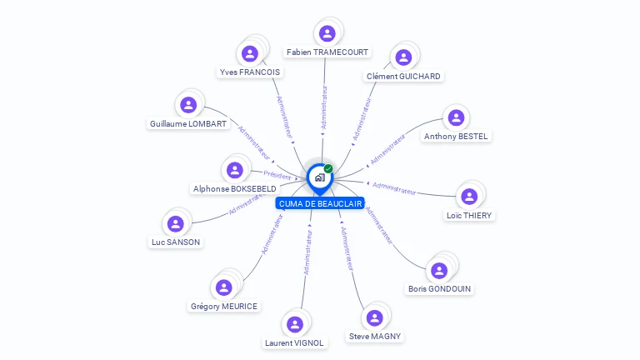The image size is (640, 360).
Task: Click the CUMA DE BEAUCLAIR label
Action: pyautogui.click(x=320, y=203)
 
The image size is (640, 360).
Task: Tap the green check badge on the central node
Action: pyautogui.click(x=328, y=169)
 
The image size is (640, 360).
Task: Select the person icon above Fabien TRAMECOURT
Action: pyautogui.click(x=327, y=33)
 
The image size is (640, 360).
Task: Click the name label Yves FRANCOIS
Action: pyautogui.click(x=250, y=72)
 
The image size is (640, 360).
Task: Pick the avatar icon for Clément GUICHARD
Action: pyautogui.click(x=403, y=57)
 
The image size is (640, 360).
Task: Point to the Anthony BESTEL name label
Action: pyautogui.click(x=456, y=136)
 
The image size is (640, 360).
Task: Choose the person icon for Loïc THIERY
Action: pyautogui.click(x=469, y=197)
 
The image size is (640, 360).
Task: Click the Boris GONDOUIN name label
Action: pyautogui.click(x=439, y=289)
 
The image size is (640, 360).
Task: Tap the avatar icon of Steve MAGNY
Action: pyautogui.click(x=374, y=317)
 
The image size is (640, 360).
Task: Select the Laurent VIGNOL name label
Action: pyautogui.click(x=294, y=342)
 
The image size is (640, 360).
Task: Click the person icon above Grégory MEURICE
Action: pyautogui.click(x=223, y=287)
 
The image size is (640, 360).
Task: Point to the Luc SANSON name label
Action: pyautogui.click(x=176, y=242)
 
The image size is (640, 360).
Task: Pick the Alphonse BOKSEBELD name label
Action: pyautogui.click(x=234, y=189)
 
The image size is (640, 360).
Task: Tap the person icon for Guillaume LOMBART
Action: pyautogui.click(x=188, y=105)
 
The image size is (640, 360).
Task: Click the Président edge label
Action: pyautogui.click(x=277, y=175)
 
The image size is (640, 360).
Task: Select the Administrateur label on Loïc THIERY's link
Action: pyautogui.click(x=394, y=188)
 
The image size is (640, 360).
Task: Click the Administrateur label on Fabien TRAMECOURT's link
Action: pyautogui.click(x=324, y=106)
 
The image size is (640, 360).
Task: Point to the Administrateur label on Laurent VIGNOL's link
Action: pyautogui.click(x=307, y=252)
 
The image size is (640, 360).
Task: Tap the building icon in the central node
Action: pyautogui.click(x=319, y=177)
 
